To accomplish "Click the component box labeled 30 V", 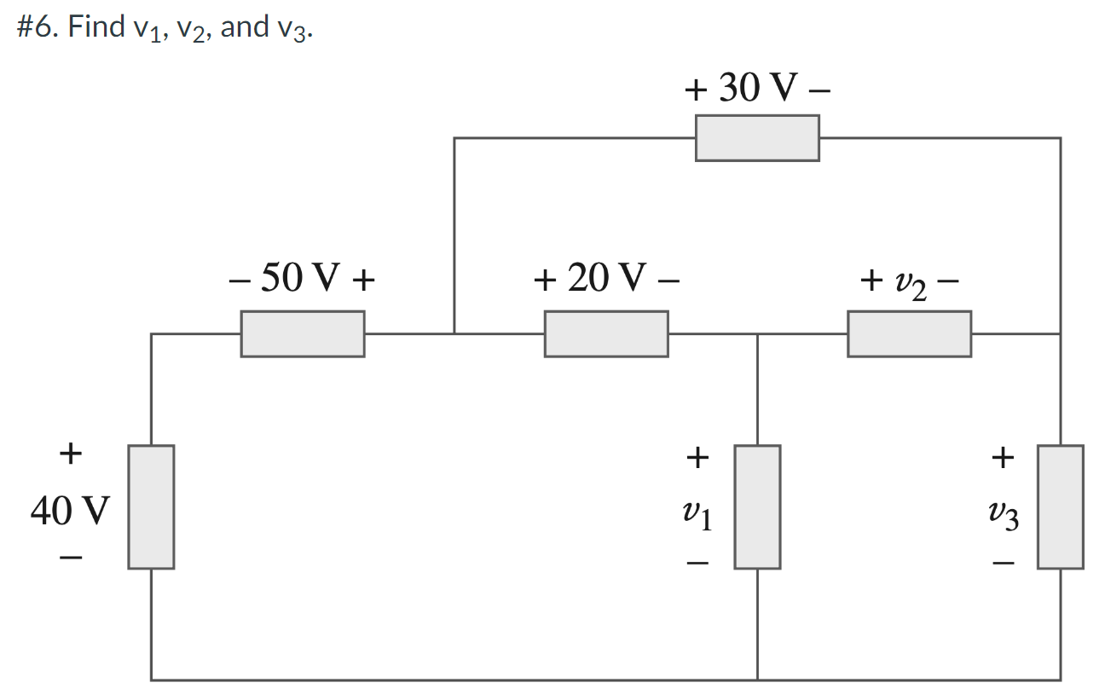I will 757,138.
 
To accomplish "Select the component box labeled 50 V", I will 303,333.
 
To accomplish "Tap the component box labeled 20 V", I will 606,333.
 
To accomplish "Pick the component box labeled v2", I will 909,333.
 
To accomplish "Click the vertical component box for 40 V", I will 151,506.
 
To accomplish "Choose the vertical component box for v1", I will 757,506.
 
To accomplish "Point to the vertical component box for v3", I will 1061,506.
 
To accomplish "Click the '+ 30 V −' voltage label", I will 757,88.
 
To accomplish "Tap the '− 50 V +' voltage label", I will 303,279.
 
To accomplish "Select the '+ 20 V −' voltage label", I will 606,279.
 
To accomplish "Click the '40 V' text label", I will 70,511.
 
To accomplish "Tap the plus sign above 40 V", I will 71,452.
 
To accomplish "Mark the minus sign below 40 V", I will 71,559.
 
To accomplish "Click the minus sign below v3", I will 1004,564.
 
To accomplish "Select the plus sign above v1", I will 697,459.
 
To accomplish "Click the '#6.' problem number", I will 38,27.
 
